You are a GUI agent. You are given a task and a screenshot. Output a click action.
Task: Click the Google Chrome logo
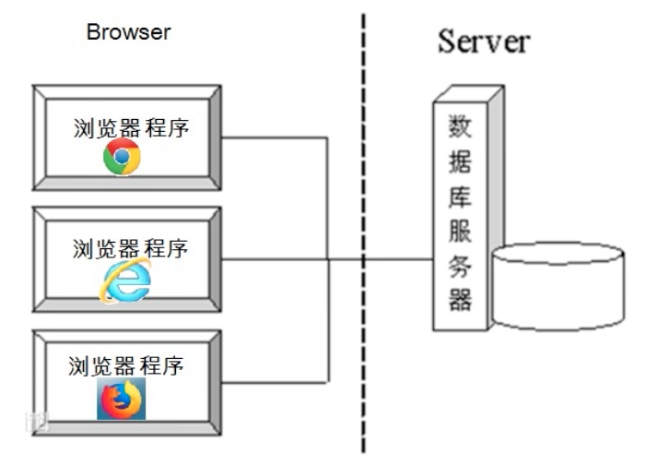pos(122,158)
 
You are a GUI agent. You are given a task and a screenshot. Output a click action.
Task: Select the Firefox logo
pos(121,400)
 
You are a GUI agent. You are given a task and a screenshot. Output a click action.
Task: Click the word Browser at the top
pos(128,32)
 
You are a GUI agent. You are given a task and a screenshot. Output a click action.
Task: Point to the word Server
pos(484,42)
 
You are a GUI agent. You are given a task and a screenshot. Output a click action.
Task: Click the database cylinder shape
pos(558,286)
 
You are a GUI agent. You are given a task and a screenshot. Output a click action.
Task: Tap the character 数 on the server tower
pos(460,126)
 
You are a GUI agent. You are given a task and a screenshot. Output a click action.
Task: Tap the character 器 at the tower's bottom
pos(460,300)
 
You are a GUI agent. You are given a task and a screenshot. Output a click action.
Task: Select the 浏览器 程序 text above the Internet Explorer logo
pos(130,249)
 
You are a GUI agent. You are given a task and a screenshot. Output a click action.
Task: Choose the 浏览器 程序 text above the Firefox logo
pos(126,366)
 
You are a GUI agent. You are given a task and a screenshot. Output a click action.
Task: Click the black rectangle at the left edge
pos(12,267)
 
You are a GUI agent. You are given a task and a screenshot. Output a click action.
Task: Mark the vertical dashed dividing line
pos(363,92)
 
